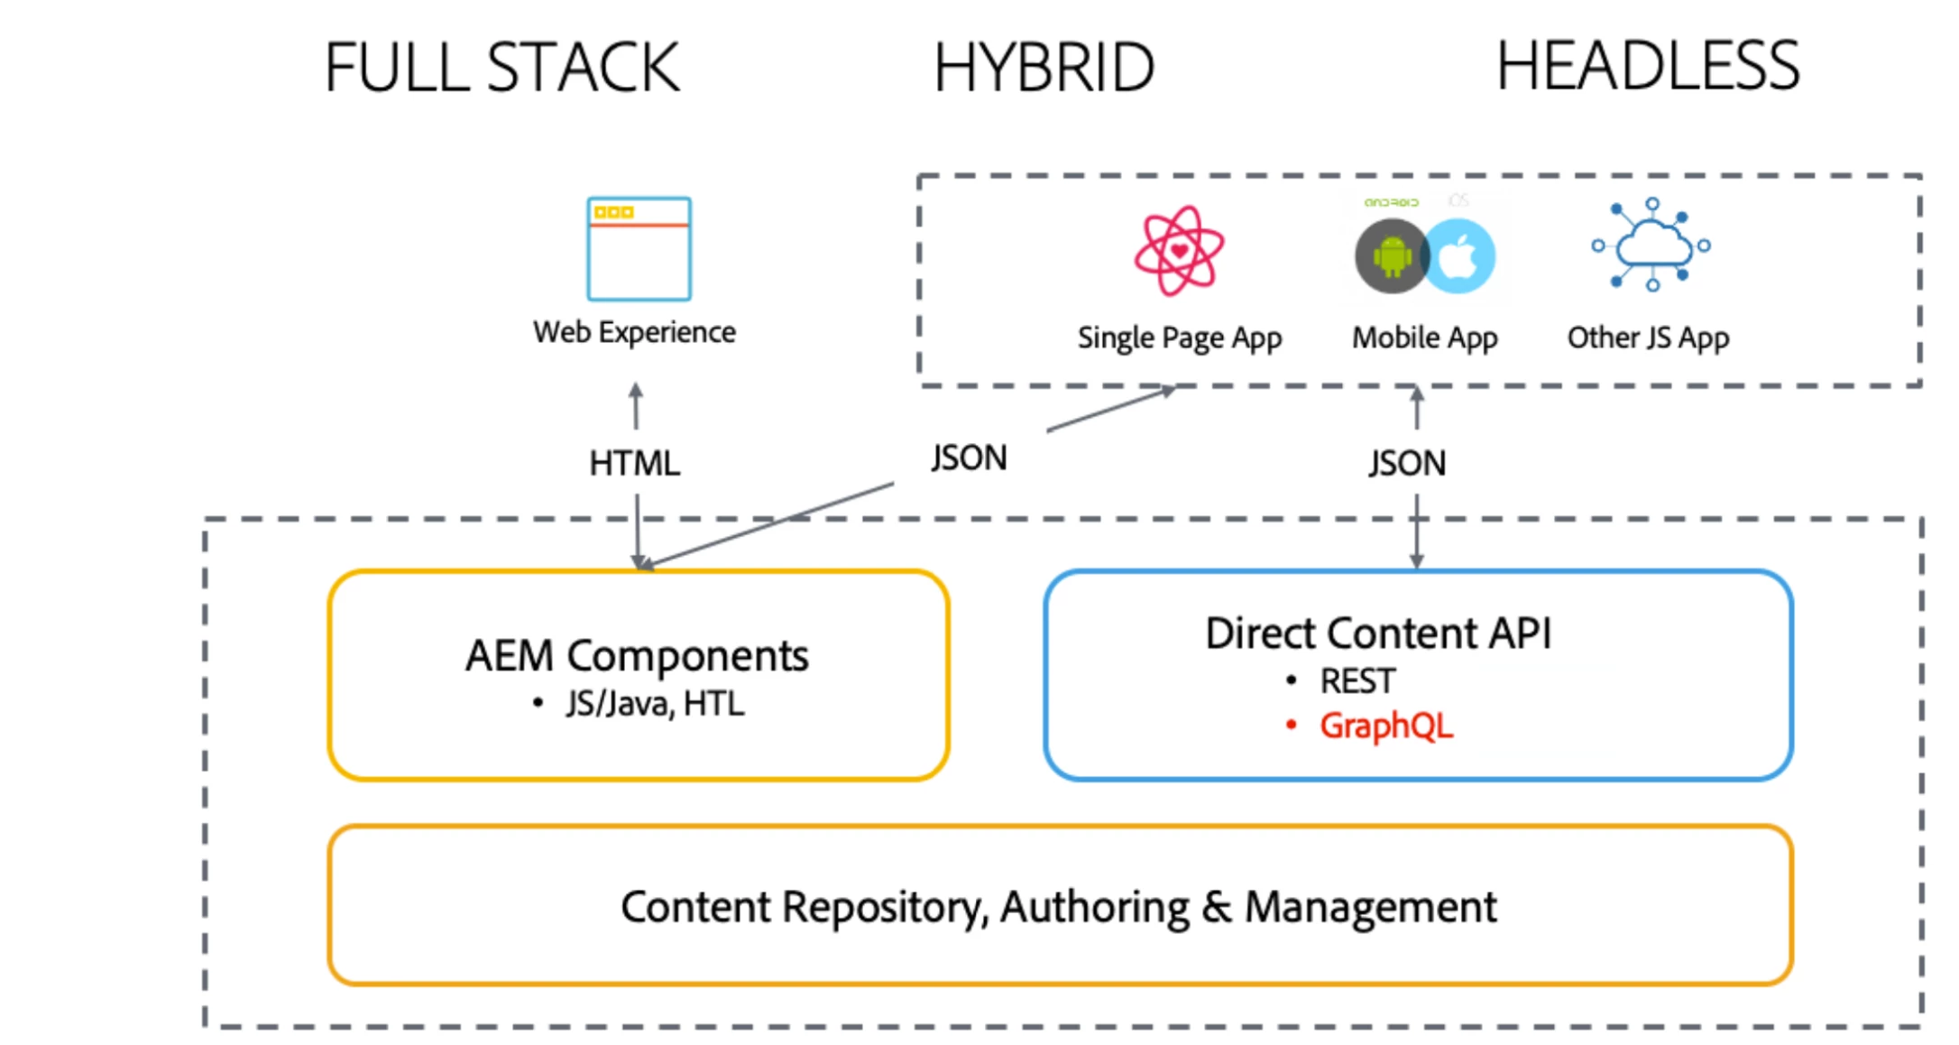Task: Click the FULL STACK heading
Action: point(501,68)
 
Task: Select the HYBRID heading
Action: point(1044,68)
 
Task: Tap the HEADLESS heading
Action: point(1648,66)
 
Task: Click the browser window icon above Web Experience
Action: point(639,248)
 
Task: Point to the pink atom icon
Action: point(1179,251)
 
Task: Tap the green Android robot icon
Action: point(1391,257)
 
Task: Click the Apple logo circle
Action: point(1459,257)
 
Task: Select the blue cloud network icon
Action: point(1651,245)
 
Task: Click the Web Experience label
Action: point(634,332)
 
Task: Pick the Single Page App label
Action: point(1179,338)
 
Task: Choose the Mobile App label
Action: point(1424,338)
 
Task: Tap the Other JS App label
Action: point(1648,338)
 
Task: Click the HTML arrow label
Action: point(634,463)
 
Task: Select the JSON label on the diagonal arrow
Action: point(969,458)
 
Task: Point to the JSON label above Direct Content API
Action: point(1407,463)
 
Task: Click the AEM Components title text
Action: point(637,656)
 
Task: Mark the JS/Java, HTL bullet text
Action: point(655,704)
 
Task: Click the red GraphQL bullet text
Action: point(1386,726)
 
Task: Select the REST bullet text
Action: point(1357,681)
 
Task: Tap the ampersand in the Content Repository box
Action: point(1217,907)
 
